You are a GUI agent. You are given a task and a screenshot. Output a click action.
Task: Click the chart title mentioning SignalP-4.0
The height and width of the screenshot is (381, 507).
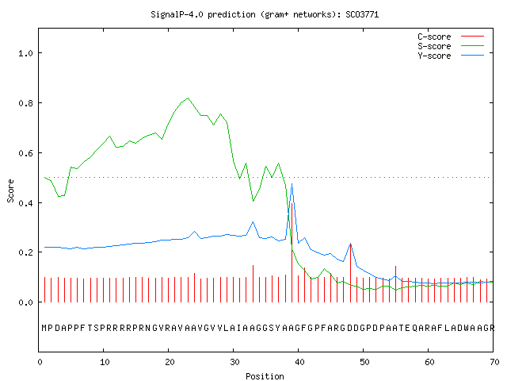265,14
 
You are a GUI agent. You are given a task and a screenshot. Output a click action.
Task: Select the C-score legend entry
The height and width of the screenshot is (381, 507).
451,37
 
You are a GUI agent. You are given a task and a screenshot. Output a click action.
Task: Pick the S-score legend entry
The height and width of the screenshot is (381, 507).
451,46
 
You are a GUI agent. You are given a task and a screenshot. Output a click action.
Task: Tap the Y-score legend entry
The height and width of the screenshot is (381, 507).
451,56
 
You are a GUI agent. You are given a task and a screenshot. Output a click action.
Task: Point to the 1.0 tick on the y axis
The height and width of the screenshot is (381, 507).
26,53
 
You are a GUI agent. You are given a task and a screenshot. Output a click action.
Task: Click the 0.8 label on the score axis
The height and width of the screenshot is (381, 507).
26,103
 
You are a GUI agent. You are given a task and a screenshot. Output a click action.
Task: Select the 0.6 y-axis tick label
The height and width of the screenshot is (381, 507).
26,153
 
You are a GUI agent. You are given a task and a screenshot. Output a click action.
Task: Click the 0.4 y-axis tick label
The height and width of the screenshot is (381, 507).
26,203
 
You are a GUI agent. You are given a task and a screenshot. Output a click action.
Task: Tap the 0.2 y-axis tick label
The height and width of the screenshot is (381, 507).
26,252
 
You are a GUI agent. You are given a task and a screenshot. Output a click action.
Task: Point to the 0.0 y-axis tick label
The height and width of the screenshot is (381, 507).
26,302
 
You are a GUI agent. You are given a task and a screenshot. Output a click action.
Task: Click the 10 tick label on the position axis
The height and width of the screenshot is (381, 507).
105,362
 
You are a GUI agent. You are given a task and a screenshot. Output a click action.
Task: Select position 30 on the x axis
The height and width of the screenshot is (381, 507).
234,362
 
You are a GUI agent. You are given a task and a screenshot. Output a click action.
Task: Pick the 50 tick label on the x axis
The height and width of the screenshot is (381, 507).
364,362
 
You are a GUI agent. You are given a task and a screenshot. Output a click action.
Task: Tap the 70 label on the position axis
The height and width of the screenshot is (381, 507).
494,362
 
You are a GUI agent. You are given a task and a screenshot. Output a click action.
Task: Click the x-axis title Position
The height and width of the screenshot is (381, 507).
265,376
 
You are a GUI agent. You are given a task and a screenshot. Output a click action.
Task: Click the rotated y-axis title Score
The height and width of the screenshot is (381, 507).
10,190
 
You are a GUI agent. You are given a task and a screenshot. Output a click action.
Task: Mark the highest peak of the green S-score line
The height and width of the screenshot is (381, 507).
188,98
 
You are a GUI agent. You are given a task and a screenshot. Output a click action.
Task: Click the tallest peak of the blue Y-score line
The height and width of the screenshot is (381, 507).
292,184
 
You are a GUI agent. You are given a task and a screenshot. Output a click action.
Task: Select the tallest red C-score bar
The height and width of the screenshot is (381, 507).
292,252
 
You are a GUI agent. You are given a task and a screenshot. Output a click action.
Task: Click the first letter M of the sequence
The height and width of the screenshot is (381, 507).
44,328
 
